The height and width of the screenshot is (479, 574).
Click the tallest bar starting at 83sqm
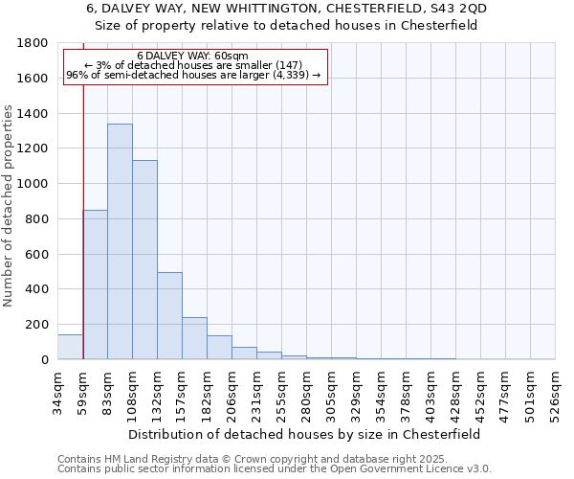pos(120,241)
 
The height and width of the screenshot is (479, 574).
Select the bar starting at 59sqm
pos(95,285)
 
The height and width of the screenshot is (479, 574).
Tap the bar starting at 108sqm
pos(144,260)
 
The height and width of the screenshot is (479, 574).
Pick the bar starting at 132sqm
pos(169,315)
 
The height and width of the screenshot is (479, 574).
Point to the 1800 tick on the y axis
pos(33,43)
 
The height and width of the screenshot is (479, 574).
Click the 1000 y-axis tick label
pos(33,184)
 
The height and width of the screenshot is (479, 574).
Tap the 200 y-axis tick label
pos(37,325)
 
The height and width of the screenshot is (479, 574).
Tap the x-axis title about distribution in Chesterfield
pos(306,434)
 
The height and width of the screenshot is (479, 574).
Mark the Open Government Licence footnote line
pos(274,469)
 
